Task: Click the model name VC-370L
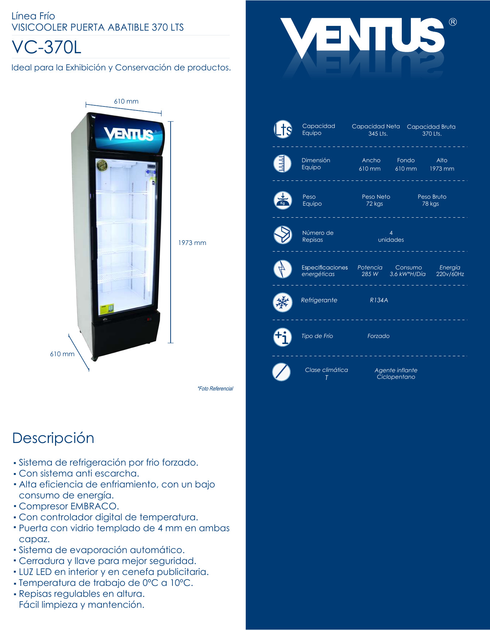(x=46, y=47)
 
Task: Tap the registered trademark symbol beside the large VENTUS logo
(x=452, y=22)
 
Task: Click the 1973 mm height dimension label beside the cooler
(x=192, y=243)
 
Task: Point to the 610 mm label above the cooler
(x=126, y=101)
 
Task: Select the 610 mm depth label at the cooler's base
(x=62, y=354)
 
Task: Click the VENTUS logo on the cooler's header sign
(x=129, y=134)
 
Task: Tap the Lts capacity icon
(x=283, y=129)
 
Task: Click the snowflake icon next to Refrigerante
(x=283, y=302)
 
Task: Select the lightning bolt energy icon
(x=283, y=269)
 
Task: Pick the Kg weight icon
(x=283, y=200)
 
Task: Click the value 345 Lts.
(x=378, y=134)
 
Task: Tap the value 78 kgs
(x=430, y=204)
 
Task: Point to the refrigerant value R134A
(x=379, y=300)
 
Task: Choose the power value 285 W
(x=370, y=274)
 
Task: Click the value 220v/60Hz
(x=450, y=274)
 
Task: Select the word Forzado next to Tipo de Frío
(x=378, y=336)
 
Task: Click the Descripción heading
(x=53, y=438)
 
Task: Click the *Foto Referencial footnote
(x=215, y=389)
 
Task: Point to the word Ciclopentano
(x=396, y=377)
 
